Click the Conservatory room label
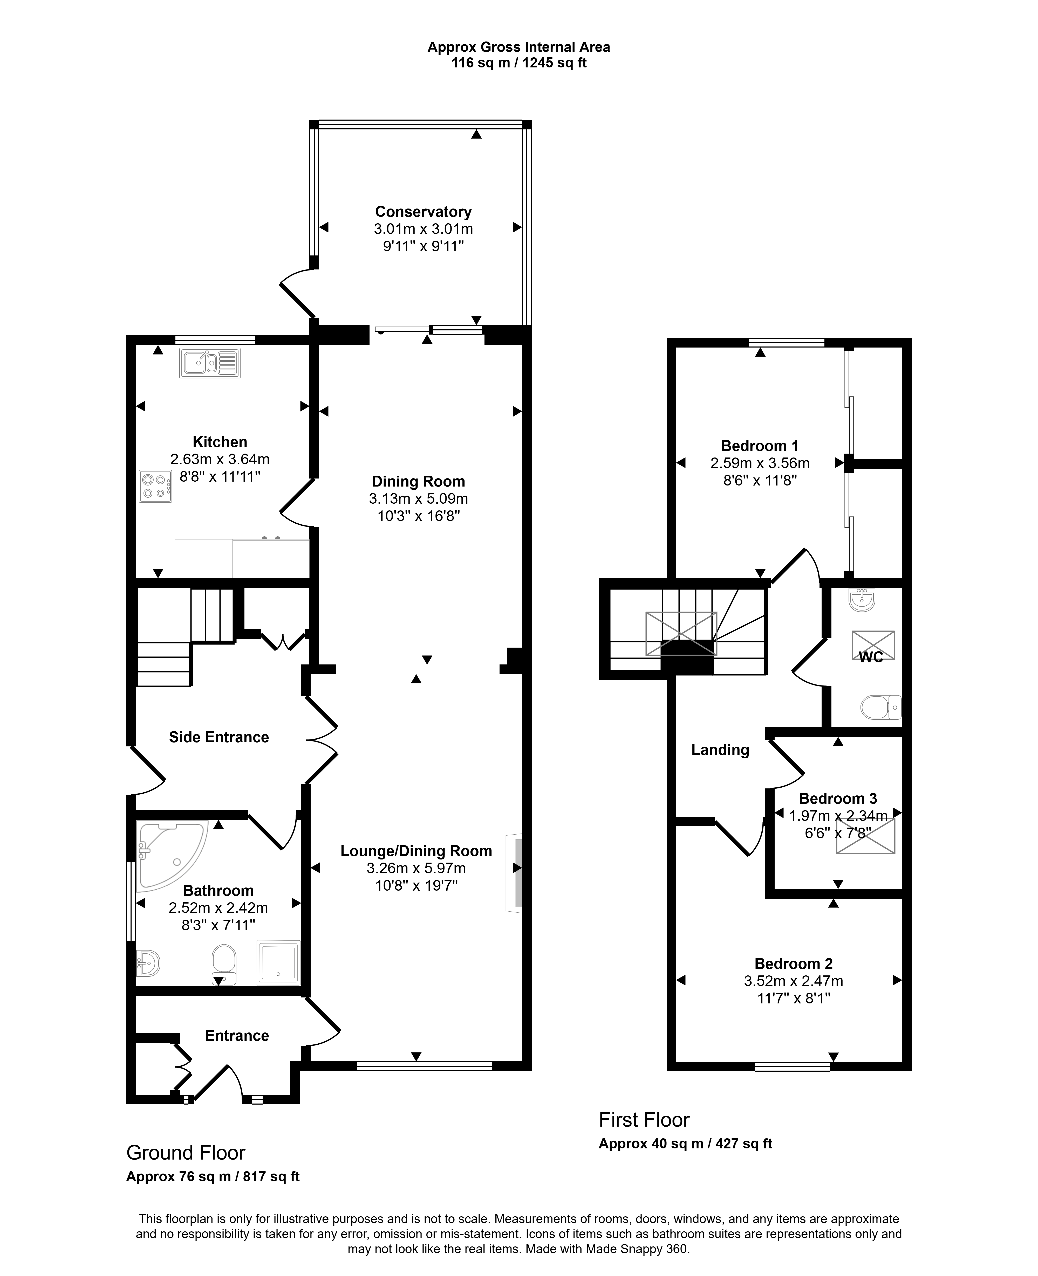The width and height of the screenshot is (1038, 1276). point(423,212)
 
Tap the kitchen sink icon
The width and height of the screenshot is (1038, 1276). point(210,363)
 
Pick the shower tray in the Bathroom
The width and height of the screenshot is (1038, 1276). point(278,962)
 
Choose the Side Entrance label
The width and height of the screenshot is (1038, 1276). point(219,737)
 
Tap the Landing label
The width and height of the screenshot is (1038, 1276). point(720,750)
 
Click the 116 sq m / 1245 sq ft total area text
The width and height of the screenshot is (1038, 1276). point(519,63)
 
